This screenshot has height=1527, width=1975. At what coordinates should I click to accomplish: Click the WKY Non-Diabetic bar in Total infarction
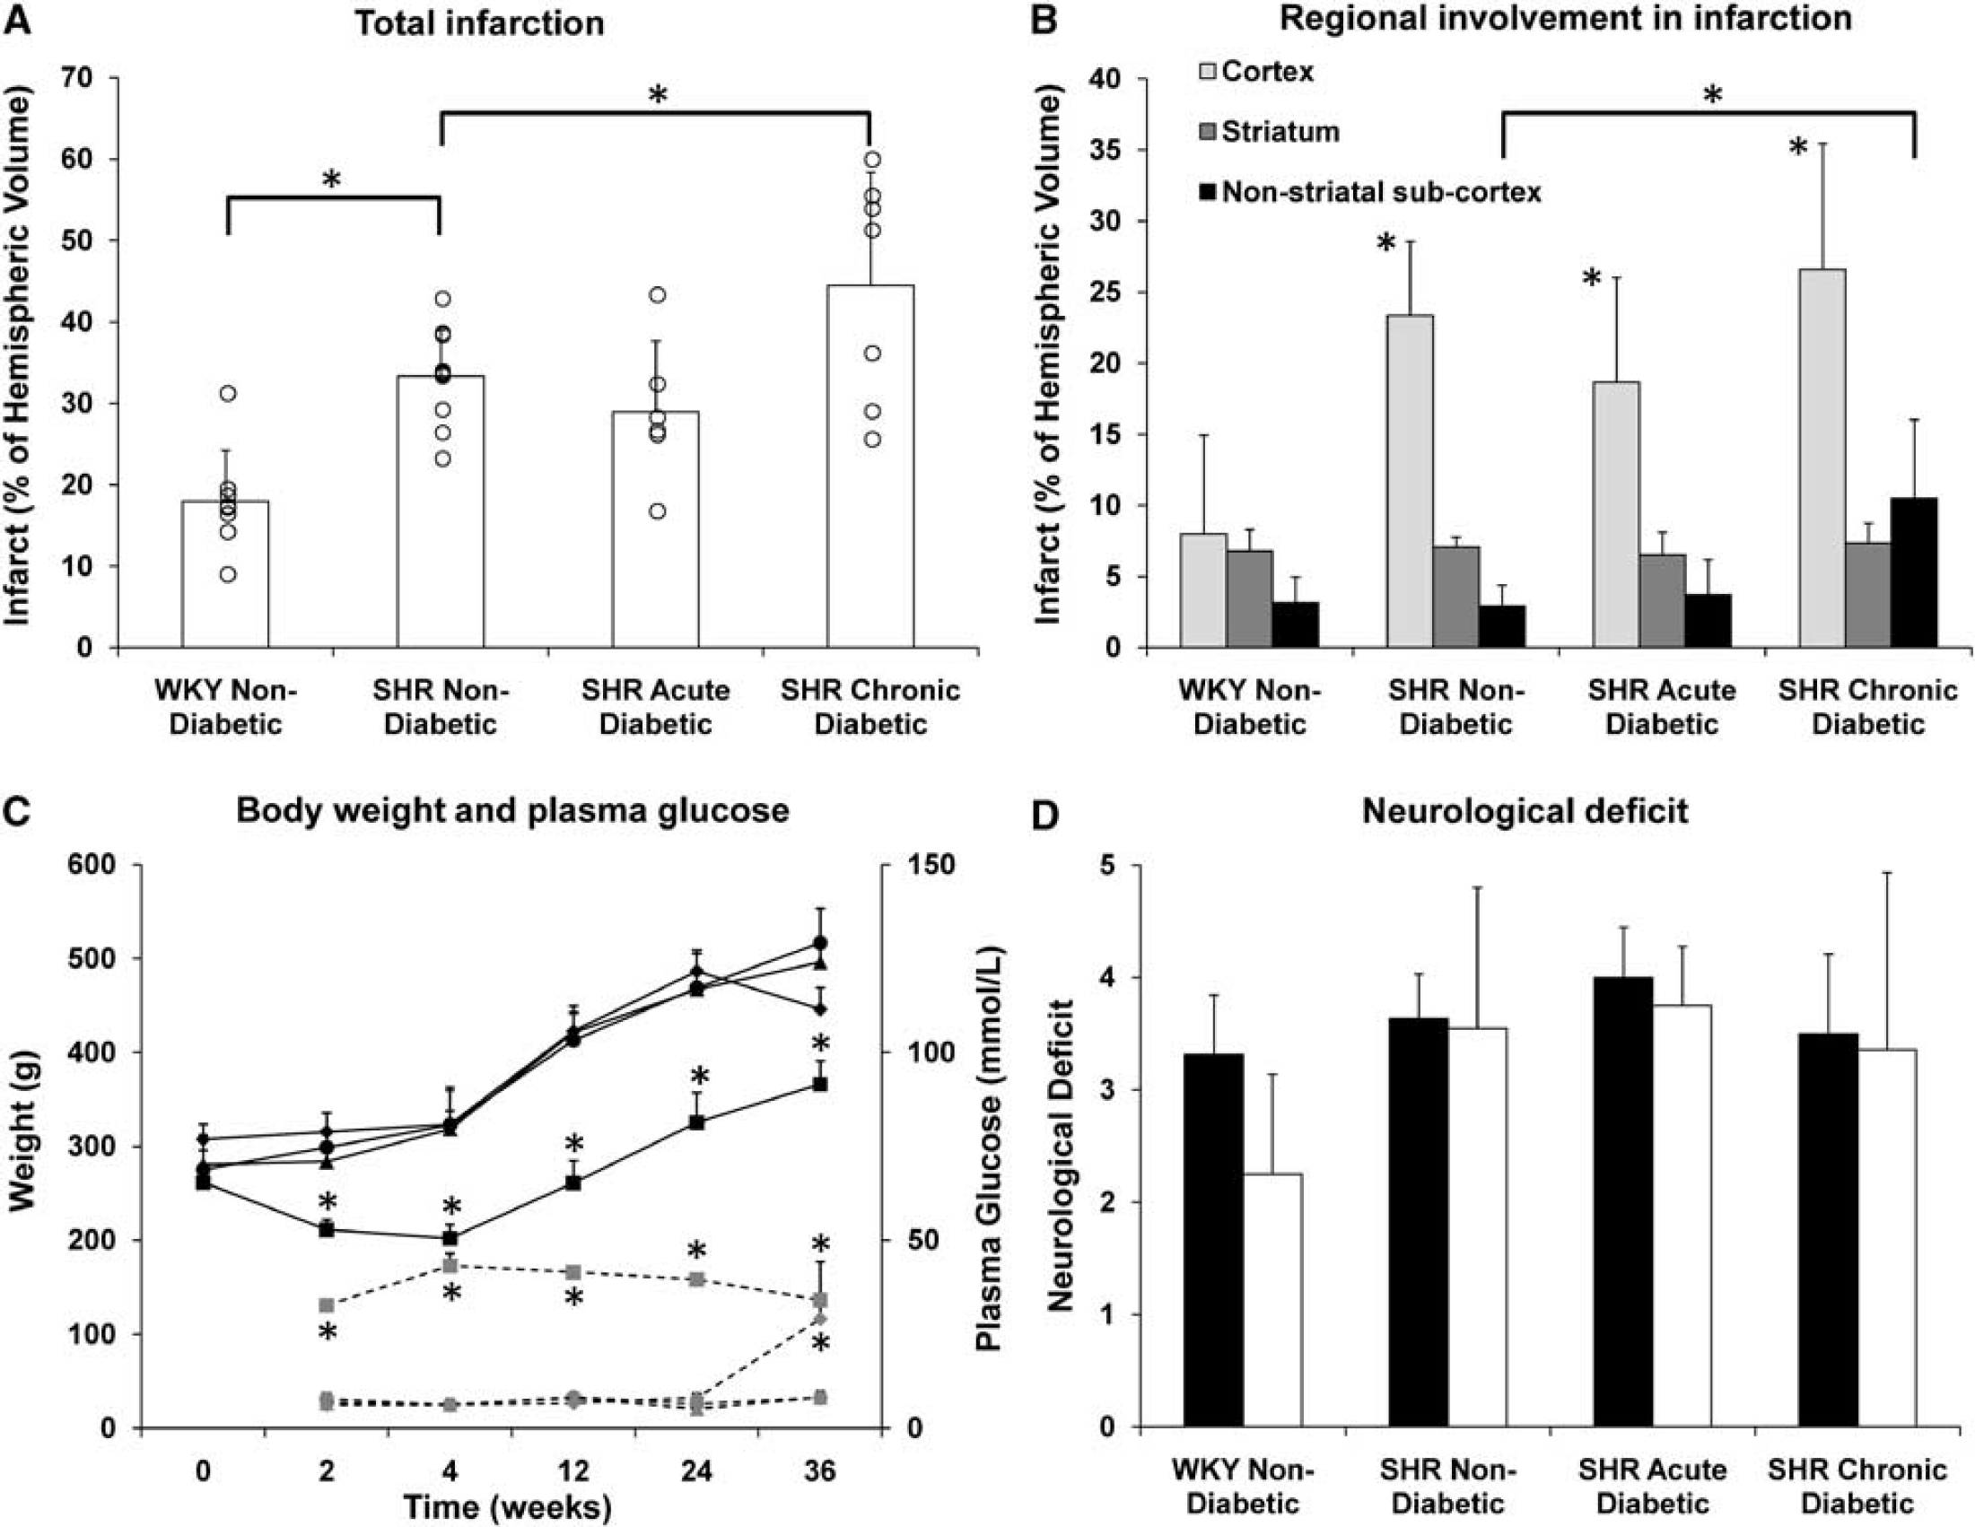pos(225,574)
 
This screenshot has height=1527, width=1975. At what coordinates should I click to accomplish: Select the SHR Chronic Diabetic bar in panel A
pos(870,467)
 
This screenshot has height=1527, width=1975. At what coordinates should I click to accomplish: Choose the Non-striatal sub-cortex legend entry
pos(1369,192)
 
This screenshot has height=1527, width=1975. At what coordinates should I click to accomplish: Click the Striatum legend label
pos(1280,132)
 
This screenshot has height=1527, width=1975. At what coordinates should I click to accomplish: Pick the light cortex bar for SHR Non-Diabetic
pos(1410,481)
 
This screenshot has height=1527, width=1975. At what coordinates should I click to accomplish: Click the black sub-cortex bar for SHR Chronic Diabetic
pos(1913,572)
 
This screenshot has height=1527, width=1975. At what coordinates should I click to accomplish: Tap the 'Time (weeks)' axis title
pos(507,1507)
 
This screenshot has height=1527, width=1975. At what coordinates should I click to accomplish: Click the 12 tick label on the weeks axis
pos(573,1471)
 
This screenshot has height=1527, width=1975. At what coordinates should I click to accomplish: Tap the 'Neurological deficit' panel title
pos(1525,811)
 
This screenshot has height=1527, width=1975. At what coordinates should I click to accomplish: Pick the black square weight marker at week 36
pos(820,1084)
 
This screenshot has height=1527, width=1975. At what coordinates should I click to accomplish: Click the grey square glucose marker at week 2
pos(327,1304)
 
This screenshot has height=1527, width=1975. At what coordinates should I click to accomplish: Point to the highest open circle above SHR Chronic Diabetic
pos(873,160)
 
